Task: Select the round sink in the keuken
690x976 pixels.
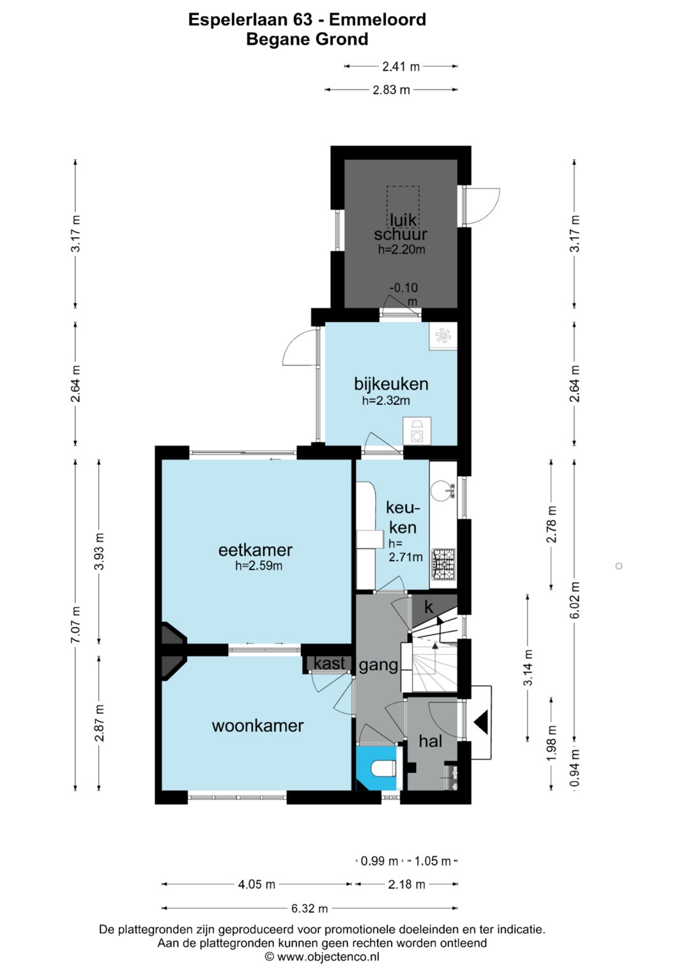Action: coord(441,491)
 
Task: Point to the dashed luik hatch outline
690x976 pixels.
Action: coord(403,206)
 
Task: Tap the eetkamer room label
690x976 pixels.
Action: coord(256,550)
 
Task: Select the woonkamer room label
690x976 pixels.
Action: coord(257,726)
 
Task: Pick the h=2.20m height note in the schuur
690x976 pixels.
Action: coord(401,250)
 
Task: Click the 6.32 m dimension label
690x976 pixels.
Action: coord(309,908)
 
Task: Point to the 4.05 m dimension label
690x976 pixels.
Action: coord(257,884)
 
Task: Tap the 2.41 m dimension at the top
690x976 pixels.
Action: coord(401,66)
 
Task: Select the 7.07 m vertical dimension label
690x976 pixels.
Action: coord(76,624)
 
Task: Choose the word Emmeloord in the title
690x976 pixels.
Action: coord(377,20)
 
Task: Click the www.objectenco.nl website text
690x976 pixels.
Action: coord(328,957)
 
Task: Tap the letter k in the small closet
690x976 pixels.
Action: coord(429,607)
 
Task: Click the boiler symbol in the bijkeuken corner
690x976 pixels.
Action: coord(443,336)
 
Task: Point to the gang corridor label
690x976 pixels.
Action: coord(378,665)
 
